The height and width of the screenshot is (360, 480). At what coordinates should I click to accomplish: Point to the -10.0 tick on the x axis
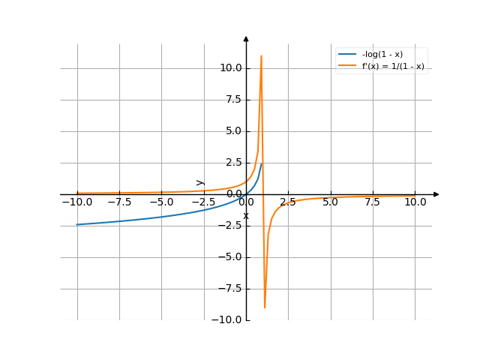[76, 202]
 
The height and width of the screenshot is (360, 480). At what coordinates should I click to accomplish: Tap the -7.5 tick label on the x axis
[118, 202]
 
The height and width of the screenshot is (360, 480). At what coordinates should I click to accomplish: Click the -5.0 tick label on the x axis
[161, 202]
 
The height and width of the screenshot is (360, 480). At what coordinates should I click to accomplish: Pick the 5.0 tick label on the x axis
[330, 202]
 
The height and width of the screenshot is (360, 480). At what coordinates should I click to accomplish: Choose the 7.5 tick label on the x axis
[373, 202]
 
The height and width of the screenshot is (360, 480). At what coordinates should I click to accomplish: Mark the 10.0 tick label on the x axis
[415, 202]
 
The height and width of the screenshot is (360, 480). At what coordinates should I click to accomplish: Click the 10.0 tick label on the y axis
[230, 68]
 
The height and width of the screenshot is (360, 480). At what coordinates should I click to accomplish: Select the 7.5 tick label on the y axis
[232, 100]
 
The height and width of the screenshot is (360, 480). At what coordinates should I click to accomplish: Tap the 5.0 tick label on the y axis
[232, 131]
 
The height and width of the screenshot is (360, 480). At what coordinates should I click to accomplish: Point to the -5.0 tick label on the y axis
[231, 257]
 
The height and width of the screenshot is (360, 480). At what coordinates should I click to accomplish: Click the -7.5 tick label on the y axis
[231, 289]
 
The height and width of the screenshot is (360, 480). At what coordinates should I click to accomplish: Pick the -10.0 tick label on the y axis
[228, 320]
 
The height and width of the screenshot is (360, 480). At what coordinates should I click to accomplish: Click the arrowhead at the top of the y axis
[246, 38]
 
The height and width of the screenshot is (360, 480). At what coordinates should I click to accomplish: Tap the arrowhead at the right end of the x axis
[436, 194]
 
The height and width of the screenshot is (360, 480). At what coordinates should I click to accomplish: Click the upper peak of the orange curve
[261, 55]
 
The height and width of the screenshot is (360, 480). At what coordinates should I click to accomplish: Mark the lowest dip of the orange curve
[265, 307]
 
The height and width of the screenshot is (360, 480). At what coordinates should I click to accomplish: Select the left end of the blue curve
[76, 224]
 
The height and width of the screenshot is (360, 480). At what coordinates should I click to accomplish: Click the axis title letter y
[199, 181]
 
